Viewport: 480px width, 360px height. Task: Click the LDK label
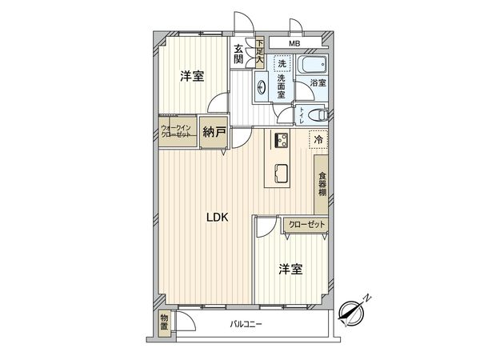point(218,216)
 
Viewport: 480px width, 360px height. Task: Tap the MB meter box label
point(294,42)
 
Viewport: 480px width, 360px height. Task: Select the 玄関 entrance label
point(238,54)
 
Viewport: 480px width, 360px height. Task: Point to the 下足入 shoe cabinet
point(260,52)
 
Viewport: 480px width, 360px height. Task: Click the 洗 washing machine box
point(282,64)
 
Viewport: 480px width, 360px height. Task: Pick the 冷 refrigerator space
point(318,140)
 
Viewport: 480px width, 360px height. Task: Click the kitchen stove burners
point(282,141)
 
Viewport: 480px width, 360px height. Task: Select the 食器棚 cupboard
point(322,186)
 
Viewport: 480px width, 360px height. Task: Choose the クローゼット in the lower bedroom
point(307,225)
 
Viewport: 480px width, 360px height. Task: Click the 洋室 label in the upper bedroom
point(191,77)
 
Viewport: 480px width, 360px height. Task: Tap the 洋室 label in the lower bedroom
point(290,269)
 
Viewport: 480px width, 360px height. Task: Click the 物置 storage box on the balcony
point(164,322)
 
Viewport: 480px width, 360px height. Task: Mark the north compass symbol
point(353,310)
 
